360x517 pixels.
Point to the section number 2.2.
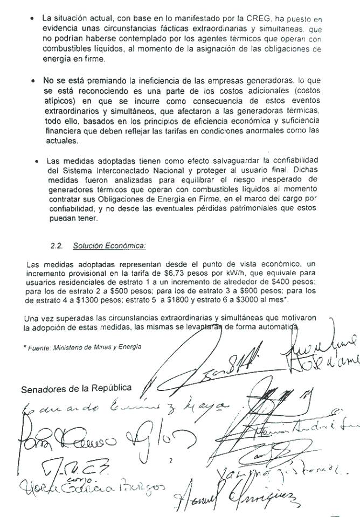click(x=56, y=246)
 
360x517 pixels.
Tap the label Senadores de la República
click(x=75, y=389)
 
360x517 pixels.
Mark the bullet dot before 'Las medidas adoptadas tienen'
click(x=36, y=160)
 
